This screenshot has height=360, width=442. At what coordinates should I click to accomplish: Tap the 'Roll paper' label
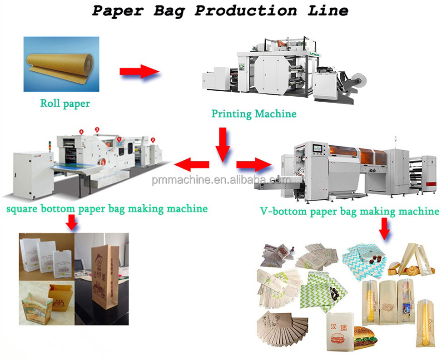[x=65, y=104]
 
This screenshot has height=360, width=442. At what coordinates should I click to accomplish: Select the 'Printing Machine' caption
[x=253, y=113]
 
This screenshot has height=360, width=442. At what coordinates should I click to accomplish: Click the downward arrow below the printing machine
[x=222, y=144]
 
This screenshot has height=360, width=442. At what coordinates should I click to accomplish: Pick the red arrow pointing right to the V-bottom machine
[x=253, y=164]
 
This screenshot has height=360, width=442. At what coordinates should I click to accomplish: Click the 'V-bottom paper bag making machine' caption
[x=349, y=211]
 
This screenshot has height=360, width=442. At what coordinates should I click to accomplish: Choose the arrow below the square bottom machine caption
[x=71, y=222]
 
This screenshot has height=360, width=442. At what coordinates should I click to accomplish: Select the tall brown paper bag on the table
[x=104, y=277]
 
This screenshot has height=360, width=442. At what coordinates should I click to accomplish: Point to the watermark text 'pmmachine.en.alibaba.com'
[x=221, y=180]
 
